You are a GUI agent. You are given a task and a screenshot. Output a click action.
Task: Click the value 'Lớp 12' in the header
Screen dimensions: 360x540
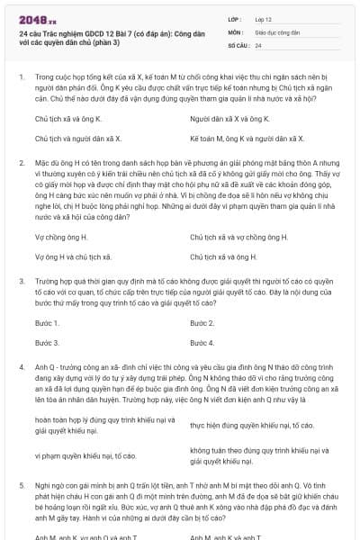pyautogui.click(x=263, y=17)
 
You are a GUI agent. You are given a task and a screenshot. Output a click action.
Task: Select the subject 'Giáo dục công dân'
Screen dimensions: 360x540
pyautogui.click(x=275, y=31)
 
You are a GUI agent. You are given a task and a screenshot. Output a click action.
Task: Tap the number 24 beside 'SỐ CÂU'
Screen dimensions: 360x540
pyautogui.click(x=258, y=44)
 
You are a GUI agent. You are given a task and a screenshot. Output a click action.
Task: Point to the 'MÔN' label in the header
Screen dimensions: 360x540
pyautogui.click(x=235, y=31)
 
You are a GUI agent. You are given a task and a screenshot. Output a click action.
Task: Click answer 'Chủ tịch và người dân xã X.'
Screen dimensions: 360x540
pyautogui.click(x=75, y=139)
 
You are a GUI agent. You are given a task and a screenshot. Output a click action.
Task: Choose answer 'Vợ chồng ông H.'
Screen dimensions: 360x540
pyautogui.click(x=61, y=237)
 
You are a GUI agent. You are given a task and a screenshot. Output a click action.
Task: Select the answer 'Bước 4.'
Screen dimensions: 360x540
pyautogui.click(x=202, y=343)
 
